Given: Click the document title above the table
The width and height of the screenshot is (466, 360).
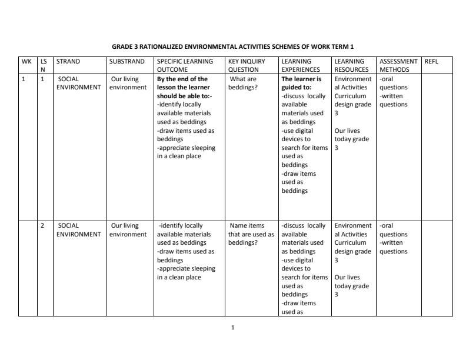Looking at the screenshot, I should coord(233,46).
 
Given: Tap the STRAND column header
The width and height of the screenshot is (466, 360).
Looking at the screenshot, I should coord(68,61).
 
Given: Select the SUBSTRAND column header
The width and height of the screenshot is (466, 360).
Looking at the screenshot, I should coord(127,61).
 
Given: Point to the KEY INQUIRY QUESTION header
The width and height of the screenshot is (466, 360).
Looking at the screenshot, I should coord(247,65).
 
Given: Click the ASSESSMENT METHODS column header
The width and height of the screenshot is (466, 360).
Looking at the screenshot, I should coord(398,65).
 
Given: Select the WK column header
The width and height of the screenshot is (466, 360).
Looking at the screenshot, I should coord(26,61).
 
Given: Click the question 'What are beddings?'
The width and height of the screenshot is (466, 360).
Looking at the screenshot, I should coord(242,83).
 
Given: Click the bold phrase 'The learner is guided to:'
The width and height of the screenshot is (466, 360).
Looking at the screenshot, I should coord(301,83).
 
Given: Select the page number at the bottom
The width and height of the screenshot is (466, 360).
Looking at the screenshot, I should coord(233,328).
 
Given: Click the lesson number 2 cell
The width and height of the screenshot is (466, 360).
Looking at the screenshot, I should coord(42,226).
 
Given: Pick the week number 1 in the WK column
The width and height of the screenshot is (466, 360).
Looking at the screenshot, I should coord(24,79).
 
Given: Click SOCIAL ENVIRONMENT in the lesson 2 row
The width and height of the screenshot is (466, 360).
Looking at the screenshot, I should coord(78,230).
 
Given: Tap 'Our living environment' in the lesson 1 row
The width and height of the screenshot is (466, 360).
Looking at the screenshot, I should coord(128,83).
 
